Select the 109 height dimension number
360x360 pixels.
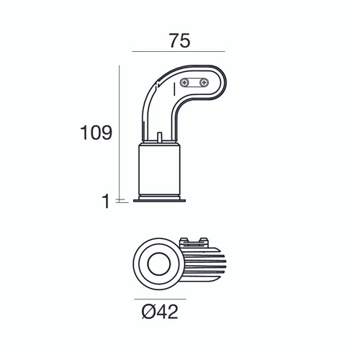[x=96, y=133]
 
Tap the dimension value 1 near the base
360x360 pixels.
[x=105, y=202]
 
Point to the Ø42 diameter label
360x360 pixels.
[x=160, y=312]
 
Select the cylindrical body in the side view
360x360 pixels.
[x=158, y=169]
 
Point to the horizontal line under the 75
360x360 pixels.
[x=179, y=52]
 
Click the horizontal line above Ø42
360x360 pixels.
[x=160, y=298]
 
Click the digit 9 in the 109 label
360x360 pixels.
[x=106, y=133]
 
